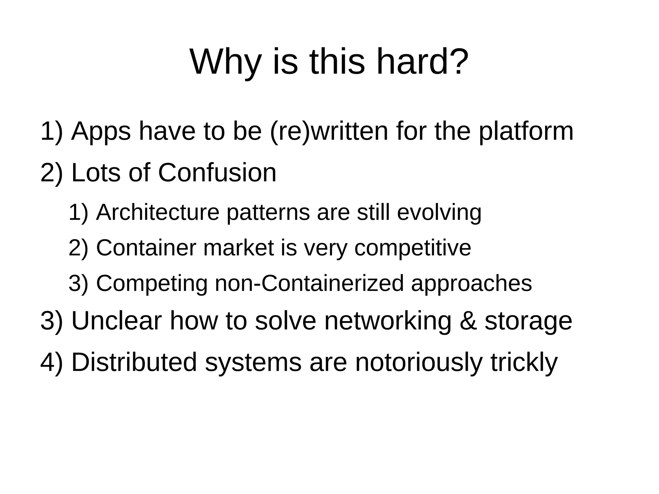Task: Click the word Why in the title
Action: click(225, 62)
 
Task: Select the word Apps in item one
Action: click(101, 132)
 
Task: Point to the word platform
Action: click(526, 132)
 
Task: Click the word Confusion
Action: click(217, 173)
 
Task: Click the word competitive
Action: click(413, 248)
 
